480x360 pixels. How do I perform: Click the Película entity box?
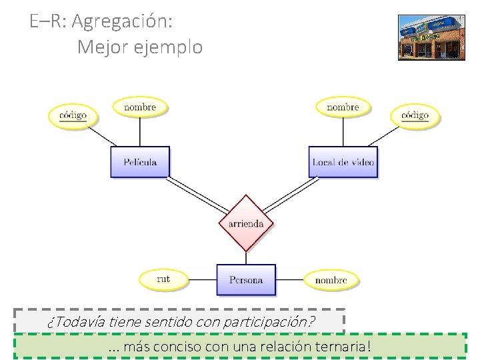click(x=140, y=162)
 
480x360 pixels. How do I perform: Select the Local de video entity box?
click(x=343, y=162)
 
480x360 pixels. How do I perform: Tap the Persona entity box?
click(x=245, y=280)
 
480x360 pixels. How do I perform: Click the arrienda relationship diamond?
click(x=246, y=223)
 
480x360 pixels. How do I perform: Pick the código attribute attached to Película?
click(x=73, y=115)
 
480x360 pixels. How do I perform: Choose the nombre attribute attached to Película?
click(x=140, y=107)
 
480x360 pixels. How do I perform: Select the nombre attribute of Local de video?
click(x=343, y=107)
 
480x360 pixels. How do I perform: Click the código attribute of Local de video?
click(x=415, y=115)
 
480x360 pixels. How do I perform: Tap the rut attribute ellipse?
click(x=163, y=279)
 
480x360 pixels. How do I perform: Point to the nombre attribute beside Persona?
click(x=331, y=280)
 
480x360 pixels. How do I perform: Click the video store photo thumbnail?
click(x=431, y=37)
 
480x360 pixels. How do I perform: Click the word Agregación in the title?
click(x=122, y=21)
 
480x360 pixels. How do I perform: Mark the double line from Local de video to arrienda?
click(x=291, y=195)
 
